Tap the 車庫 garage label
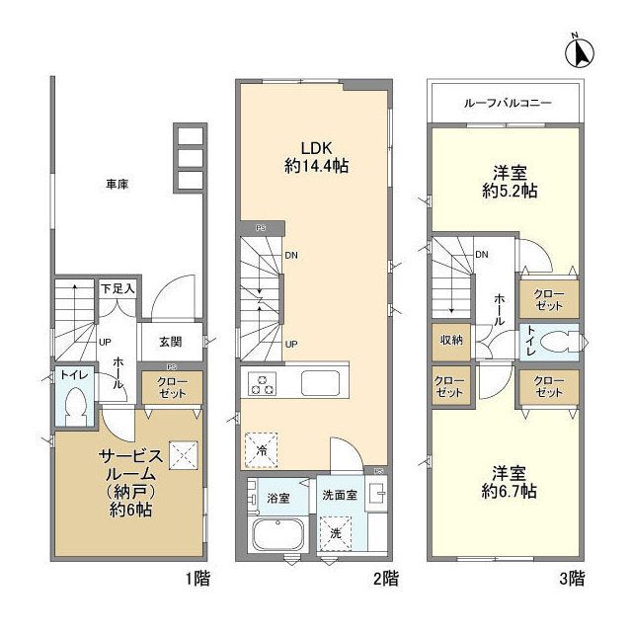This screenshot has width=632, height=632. click(x=117, y=185)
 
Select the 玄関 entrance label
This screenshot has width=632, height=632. click(x=171, y=342)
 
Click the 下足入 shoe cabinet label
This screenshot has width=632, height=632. click(x=118, y=289)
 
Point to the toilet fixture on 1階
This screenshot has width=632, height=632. click(x=76, y=406)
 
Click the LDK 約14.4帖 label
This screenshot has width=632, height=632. click(x=316, y=157)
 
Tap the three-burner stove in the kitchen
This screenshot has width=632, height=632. click(x=263, y=383)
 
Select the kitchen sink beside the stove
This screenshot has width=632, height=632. click(x=320, y=382)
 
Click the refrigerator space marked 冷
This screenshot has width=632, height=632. click(x=262, y=450)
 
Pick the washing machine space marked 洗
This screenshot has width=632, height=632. click(x=336, y=533)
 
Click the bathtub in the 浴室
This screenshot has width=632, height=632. click(x=278, y=534)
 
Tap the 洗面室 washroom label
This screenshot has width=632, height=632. click(x=340, y=495)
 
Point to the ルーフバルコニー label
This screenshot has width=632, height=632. click(x=508, y=103)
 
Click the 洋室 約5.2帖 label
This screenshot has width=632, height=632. click(x=510, y=182)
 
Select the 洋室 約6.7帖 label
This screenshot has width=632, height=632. click(x=510, y=483)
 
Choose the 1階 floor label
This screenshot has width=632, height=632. click(x=197, y=580)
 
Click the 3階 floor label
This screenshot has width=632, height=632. click(x=572, y=580)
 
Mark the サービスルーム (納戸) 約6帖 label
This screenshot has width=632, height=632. click(x=131, y=483)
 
